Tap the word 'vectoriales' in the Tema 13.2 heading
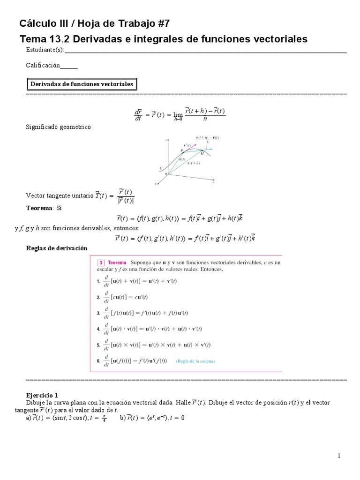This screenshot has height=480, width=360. point(278,39)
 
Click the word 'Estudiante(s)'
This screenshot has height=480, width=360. point(45,50)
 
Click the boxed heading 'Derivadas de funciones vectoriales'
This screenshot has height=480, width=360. point(82,84)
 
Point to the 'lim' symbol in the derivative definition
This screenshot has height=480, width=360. point(178,115)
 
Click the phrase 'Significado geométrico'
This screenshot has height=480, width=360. point(59,127)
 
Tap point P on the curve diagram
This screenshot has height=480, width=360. point(181,150)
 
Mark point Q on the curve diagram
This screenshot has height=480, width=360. point(202,153)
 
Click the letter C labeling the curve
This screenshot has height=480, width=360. point(161,167)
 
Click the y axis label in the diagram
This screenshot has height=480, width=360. point(212,183)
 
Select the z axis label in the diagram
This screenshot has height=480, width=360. point(166,140)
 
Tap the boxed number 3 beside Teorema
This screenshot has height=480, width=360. point(100,263)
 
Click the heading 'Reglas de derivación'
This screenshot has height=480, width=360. point(56,247)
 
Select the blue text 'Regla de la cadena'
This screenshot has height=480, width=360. point(195,361)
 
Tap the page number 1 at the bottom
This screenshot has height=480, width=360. point(338,456)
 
